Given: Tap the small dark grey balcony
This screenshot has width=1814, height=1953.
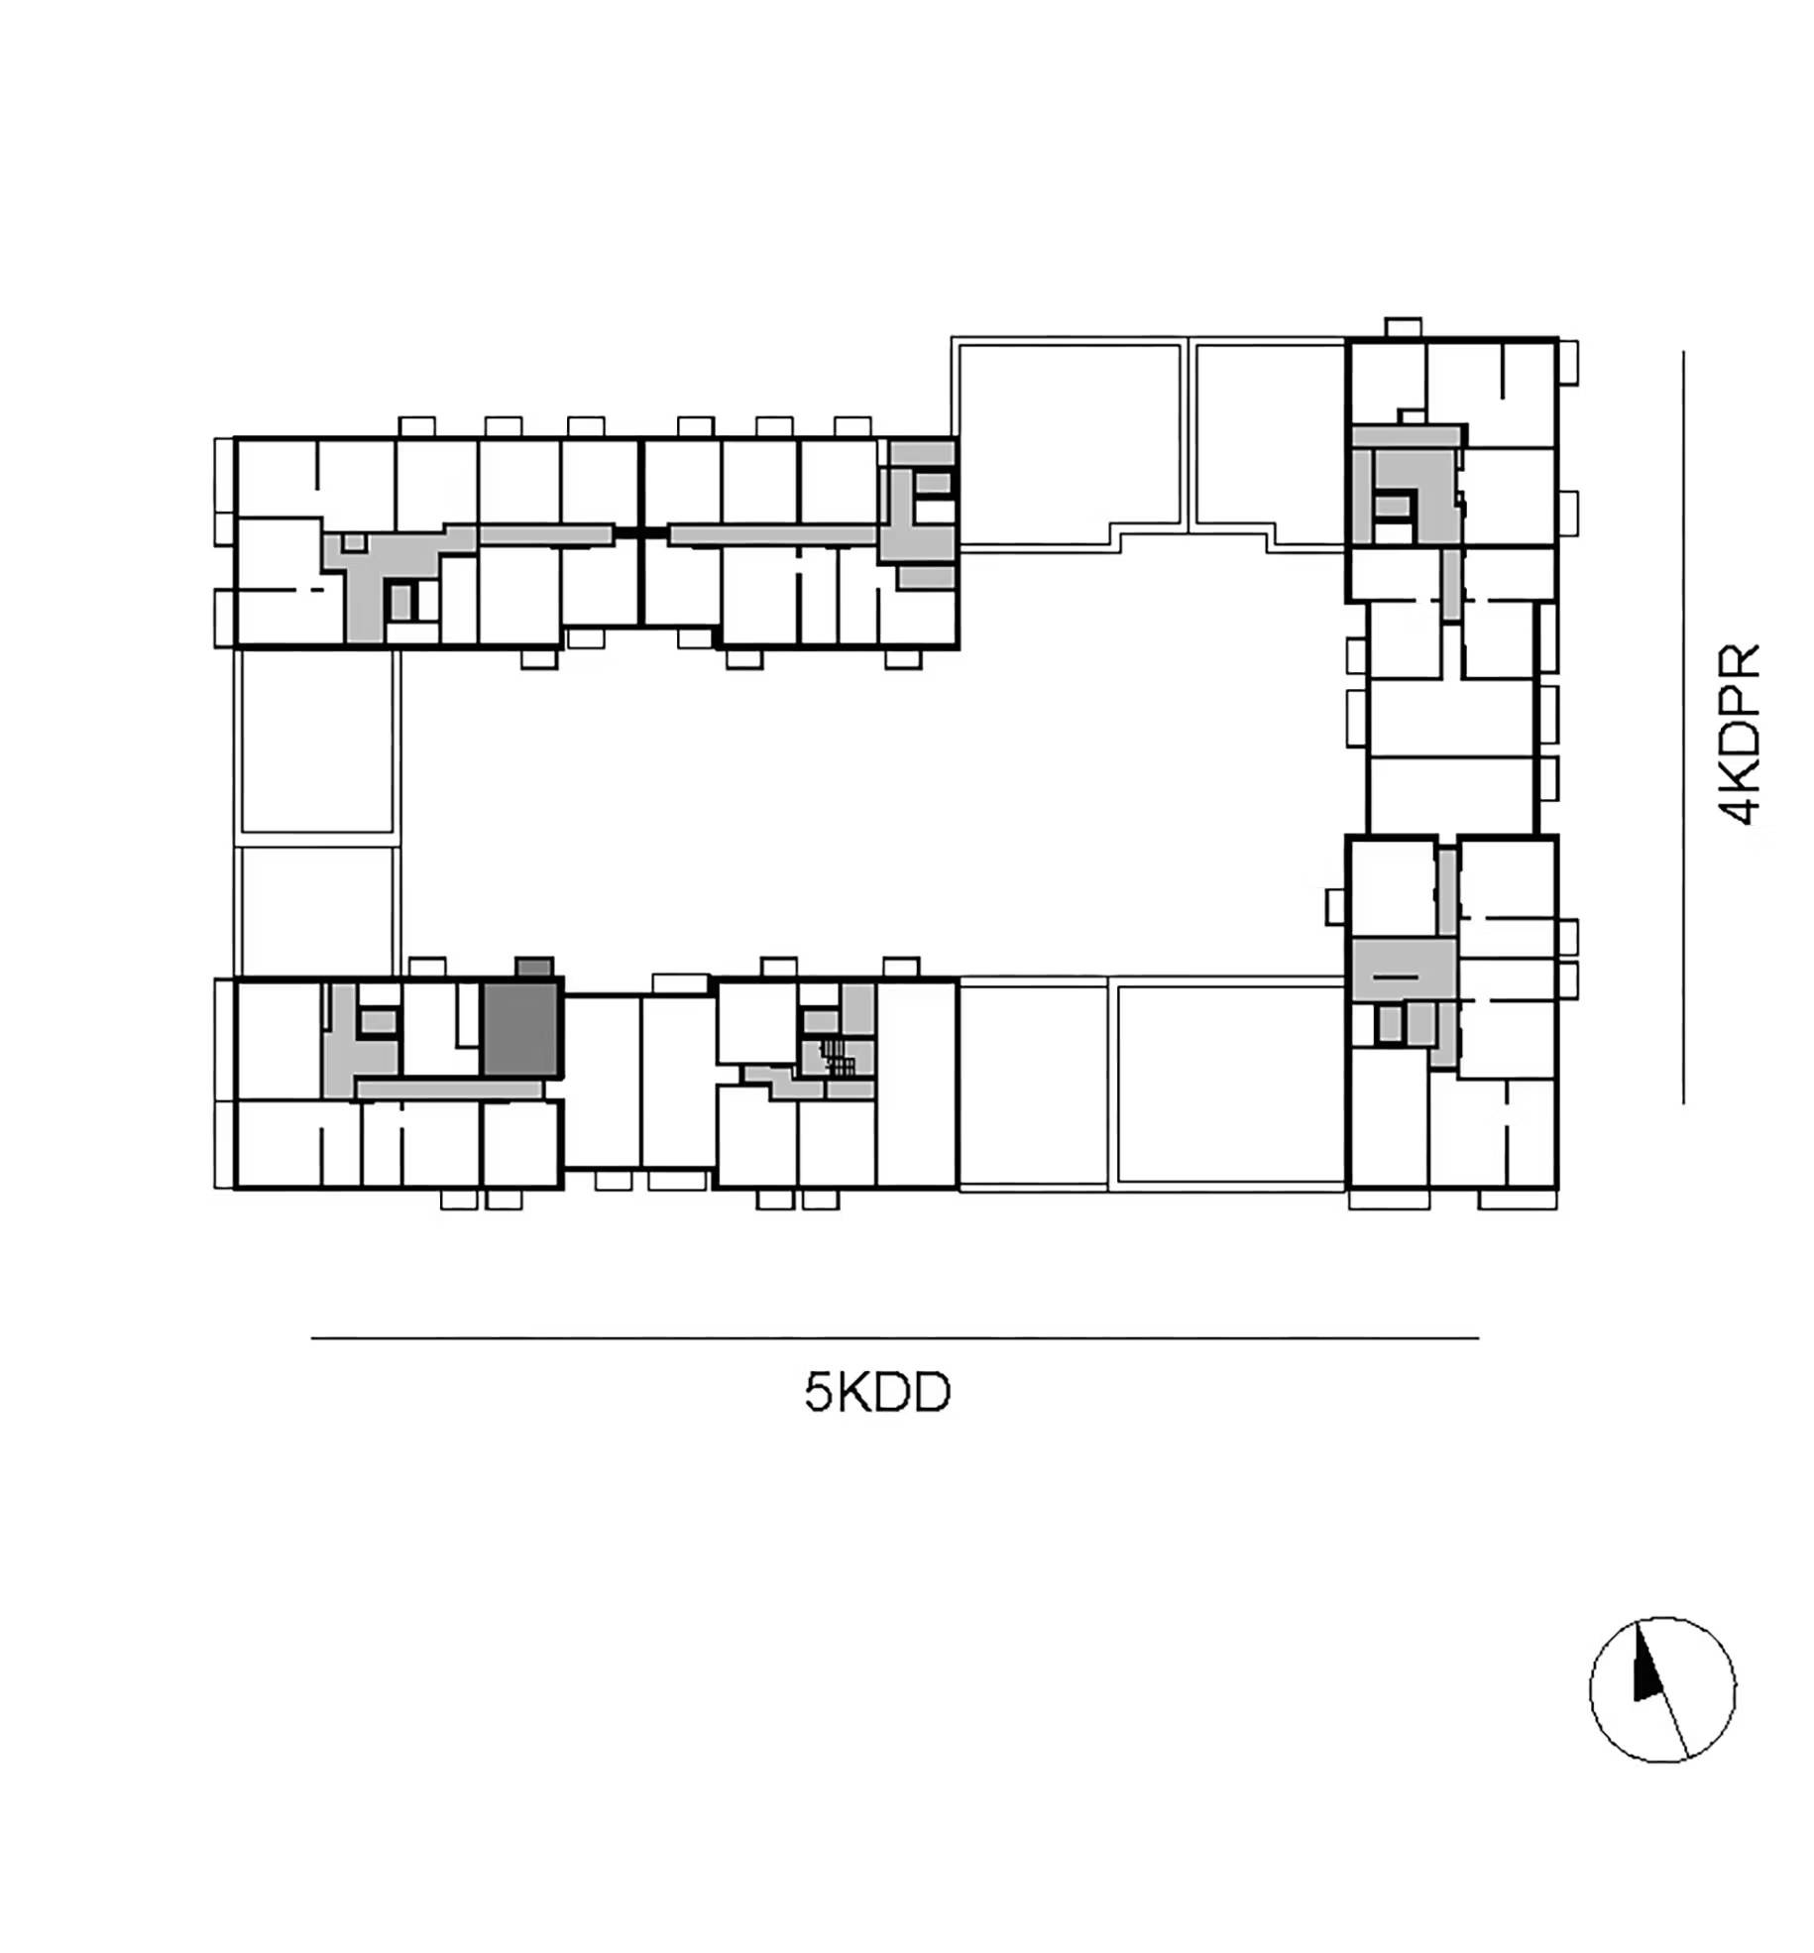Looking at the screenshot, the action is pyautogui.click(x=533, y=968).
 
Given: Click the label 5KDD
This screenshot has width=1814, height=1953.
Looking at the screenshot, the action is pyautogui.click(x=877, y=1393).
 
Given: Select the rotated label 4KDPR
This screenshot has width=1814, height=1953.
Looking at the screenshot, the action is pyautogui.click(x=1739, y=735).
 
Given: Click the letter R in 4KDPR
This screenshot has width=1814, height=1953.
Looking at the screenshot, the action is pyautogui.click(x=1739, y=660).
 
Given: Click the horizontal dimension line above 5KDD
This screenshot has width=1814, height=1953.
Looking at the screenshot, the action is pyautogui.click(x=894, y=1338).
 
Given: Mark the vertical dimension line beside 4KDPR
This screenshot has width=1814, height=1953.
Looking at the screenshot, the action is pyautogui.click(x=1683, y=727).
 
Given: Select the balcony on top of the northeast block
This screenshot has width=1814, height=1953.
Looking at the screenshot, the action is pyautogui.click(x=1402, y=327).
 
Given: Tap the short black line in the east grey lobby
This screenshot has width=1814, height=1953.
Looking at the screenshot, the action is pyautogui.click(x=1397, y=976).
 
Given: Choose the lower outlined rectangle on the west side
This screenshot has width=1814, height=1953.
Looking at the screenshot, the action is pyautogui.click(x=317, y=911).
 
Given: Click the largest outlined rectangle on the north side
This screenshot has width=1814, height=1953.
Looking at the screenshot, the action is pyautogui.click(x=1069, y=441).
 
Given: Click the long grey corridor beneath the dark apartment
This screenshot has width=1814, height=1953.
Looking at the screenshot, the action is pyautogui.click(x=449, y=1089).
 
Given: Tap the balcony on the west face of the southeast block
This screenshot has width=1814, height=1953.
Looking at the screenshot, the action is pyautogui.click(x=1336, y=906).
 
